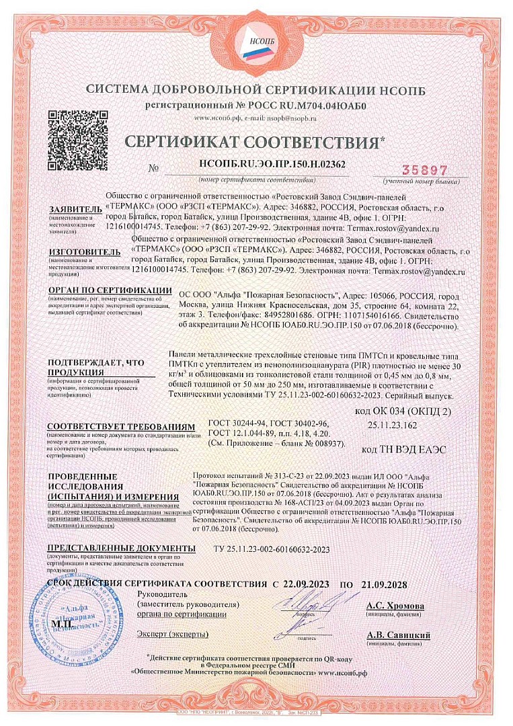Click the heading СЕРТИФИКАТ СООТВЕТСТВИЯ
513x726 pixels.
(x=256, y=143)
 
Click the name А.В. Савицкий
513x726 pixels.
(x=398, y=635)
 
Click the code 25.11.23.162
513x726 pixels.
(x=392, y=426)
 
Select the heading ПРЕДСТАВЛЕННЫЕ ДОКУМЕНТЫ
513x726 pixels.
(x=121, y=549)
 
